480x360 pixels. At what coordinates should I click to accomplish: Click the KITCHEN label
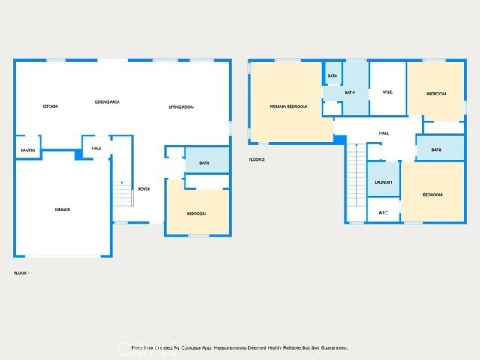[50, 106]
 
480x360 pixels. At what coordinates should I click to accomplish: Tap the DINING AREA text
[107, 101]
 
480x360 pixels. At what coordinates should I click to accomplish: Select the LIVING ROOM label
[181, 107]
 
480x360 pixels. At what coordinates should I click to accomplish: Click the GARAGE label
[62, 209]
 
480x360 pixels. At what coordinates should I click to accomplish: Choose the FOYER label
[144, 189]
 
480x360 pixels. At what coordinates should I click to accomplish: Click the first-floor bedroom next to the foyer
[196, 214]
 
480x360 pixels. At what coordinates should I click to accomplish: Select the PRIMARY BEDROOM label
[288, 106]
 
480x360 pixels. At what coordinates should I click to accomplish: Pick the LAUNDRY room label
[383, 182]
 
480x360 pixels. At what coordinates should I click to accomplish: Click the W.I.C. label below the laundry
[383, 213]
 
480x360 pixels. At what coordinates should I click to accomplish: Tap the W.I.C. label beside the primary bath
[388, 93]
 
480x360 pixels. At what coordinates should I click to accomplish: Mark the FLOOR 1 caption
[22, 272]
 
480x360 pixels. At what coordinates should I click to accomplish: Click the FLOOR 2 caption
[256, 160]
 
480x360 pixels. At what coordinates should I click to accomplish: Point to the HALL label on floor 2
[384, 133]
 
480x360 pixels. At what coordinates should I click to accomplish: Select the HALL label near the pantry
[97, 148]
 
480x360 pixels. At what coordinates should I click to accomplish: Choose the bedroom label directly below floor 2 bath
[432, 195]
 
